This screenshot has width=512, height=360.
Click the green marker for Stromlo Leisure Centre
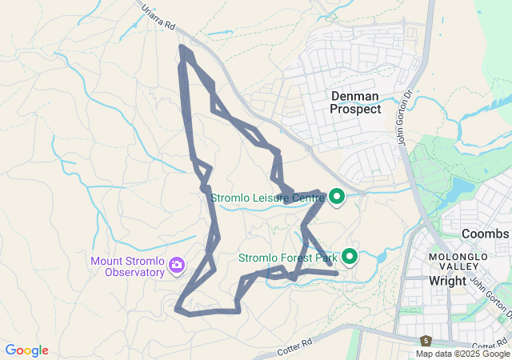[x=337, y=195]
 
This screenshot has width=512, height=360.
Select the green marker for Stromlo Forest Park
[x=350, y=257]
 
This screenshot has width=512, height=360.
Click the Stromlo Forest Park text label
[x=288, y=258]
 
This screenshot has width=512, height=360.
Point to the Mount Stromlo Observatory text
[x=128, y=266]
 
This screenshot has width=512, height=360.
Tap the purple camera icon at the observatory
[x=177, y=265]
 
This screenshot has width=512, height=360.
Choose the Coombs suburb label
[x=485, y=234]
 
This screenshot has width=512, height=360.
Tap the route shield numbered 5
[x=426, y=342]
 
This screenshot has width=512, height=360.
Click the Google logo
[x=27, y=350]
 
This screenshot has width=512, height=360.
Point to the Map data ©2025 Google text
[x=462, y=354]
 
